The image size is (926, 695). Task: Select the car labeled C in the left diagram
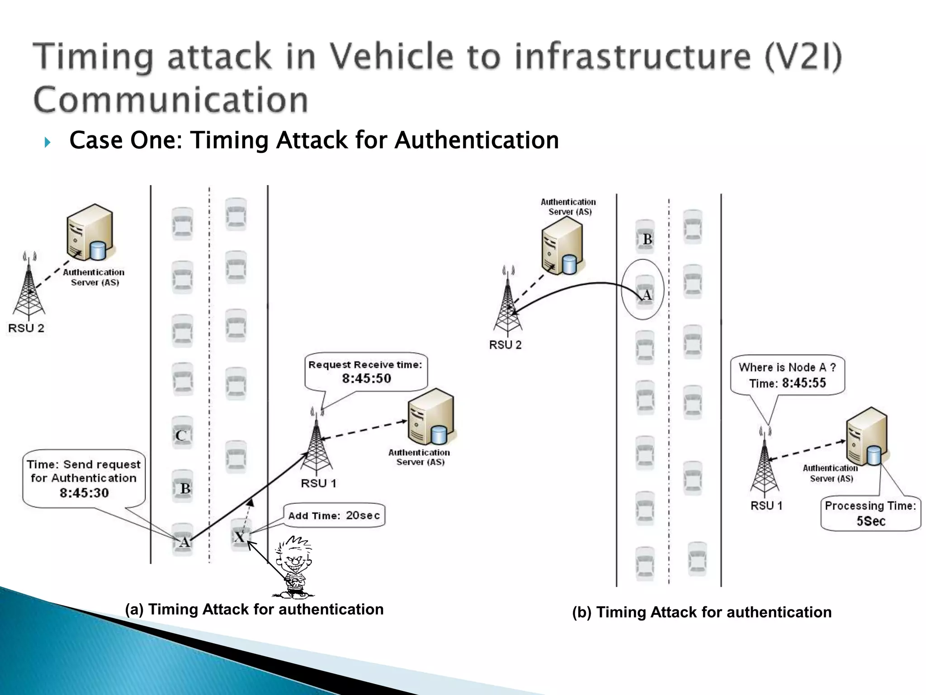click(x=182, y=435)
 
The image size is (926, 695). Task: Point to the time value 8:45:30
click(x=84, y=493)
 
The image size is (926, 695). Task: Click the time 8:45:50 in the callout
click(x=366, y=378)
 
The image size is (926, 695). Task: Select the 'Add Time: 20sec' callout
click(x=334, y=515)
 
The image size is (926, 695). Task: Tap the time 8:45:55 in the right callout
click(x=804, y=383)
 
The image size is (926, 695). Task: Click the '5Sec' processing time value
click(x=871, y=521)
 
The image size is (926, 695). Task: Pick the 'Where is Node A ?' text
click(x=787, y=367)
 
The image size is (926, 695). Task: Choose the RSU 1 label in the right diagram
click(x=766, y=505)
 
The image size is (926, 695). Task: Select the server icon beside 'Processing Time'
click(x=866, y=437)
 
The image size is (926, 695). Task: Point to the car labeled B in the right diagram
click(x=646, y=238)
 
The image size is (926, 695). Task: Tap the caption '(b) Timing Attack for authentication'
click(x=702, y=612)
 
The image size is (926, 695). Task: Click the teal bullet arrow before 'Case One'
click(x=47, y=143)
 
